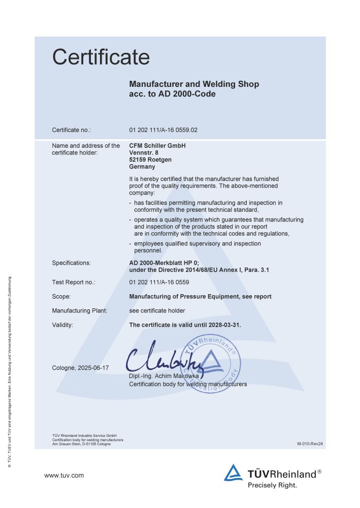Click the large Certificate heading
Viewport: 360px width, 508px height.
click(x=101, y=57)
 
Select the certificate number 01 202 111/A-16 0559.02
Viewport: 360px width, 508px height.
click(x=163, y=130)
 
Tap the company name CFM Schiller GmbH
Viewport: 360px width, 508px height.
click(x=158, y=146)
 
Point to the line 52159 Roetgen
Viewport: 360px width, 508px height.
click(x=150, y=160)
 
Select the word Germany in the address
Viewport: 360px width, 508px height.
click(x=142, y=167)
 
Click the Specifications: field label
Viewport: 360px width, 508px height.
click(x=72, y=263)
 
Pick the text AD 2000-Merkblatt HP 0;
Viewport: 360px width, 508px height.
click(x=164, y=263)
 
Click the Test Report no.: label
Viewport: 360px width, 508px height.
click(x=74, y=282)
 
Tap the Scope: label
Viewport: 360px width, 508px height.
click(x=61, y=296)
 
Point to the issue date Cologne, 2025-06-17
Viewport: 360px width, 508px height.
click(x=80, y=367)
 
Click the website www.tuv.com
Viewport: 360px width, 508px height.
click(x=64, y=476)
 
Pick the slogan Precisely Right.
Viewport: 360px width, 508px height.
click(x=272, y=485)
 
